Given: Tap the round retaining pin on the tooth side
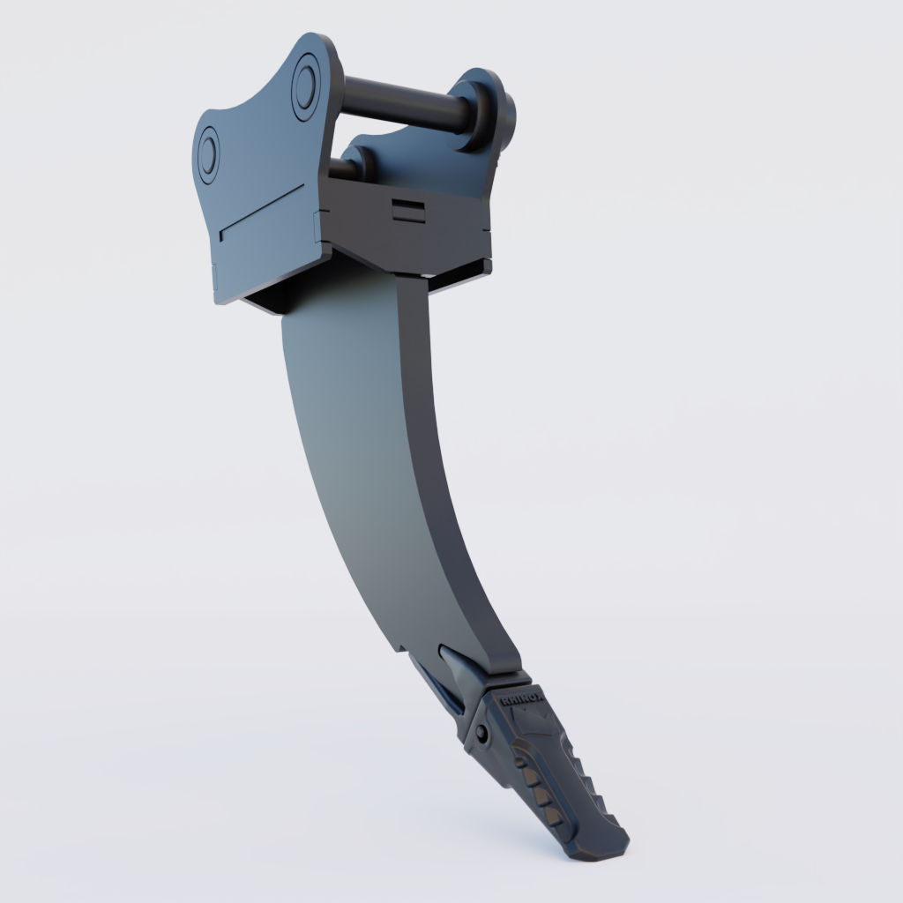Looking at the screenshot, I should [481, 733].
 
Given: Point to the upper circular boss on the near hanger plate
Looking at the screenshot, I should [305, 83].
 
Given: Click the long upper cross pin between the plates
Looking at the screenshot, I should [401, 104].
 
